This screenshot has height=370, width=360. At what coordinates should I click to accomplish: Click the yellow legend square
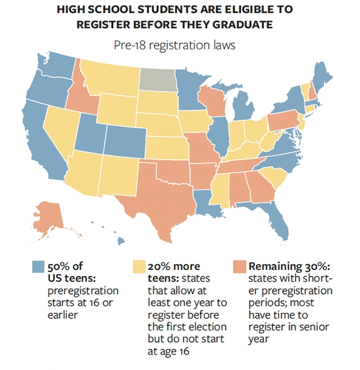[137, 266]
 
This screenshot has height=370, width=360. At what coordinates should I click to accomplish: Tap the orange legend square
[238, 266]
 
